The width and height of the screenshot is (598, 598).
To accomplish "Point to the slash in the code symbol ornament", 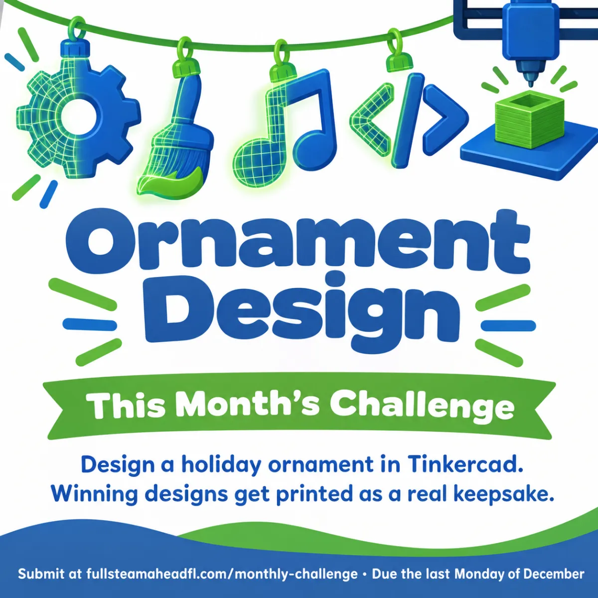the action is click(x=408, y=121).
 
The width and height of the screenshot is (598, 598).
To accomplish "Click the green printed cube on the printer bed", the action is click(x=529, y=120).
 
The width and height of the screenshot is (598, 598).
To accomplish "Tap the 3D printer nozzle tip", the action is click(x=530, y=83).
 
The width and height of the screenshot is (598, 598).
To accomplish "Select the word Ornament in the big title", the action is click(x=298, y=242).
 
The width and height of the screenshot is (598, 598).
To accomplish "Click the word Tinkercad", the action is click(x=465, y=465).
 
